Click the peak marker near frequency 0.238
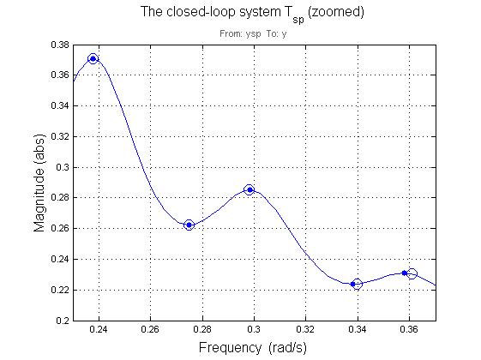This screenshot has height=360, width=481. (x=93, y=58)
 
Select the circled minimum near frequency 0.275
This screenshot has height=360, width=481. (x=189, y=225)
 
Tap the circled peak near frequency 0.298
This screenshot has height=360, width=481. (x=250, y=189)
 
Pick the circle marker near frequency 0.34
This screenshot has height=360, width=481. (x=357, y=285)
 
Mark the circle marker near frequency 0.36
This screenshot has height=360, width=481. (x=412, y=273)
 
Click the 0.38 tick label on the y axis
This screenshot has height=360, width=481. (x=60, y=45)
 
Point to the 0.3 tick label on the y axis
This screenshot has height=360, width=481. (x=63, y=167)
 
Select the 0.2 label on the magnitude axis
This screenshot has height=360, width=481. (x=63, y=321)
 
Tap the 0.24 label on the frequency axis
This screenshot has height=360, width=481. (x=99, y=329)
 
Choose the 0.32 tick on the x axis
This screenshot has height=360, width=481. (x=305, y=329)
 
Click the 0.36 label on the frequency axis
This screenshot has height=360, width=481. (x=409, y=329)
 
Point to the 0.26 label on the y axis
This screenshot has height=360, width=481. (x=60, y=229)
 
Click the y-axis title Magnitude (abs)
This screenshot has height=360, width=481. (x=39, y=183)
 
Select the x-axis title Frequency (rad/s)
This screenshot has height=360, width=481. (x=252, y=348)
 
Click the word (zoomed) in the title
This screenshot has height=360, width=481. (x=335, y=12)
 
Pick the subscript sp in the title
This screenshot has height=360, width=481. (x=298, y=20)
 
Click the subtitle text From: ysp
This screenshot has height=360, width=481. (x=240, y=34)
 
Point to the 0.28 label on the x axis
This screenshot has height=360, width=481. (x=202, y=329)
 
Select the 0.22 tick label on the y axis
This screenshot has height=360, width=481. (x=60, y=290)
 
